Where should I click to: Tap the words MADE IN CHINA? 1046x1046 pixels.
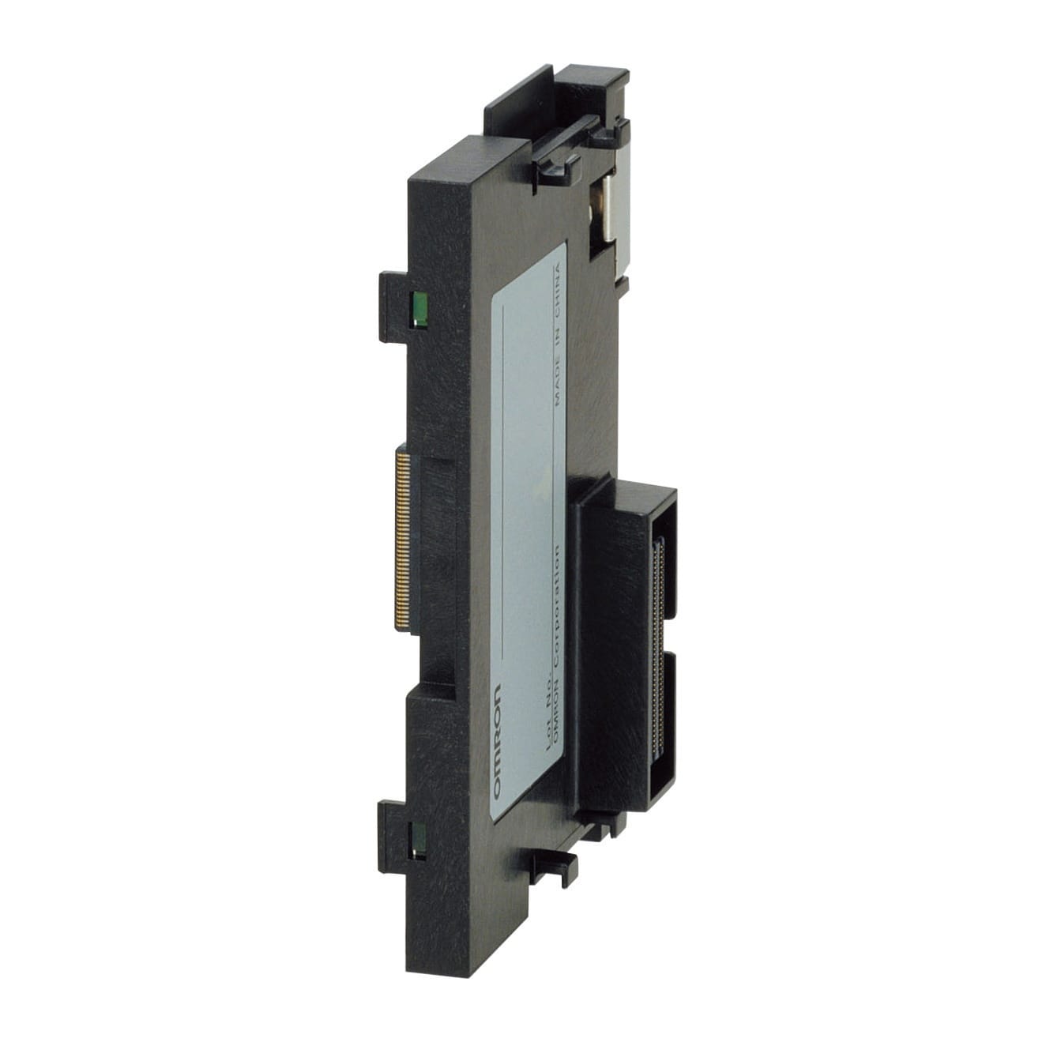559,336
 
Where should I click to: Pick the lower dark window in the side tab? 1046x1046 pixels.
418,839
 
